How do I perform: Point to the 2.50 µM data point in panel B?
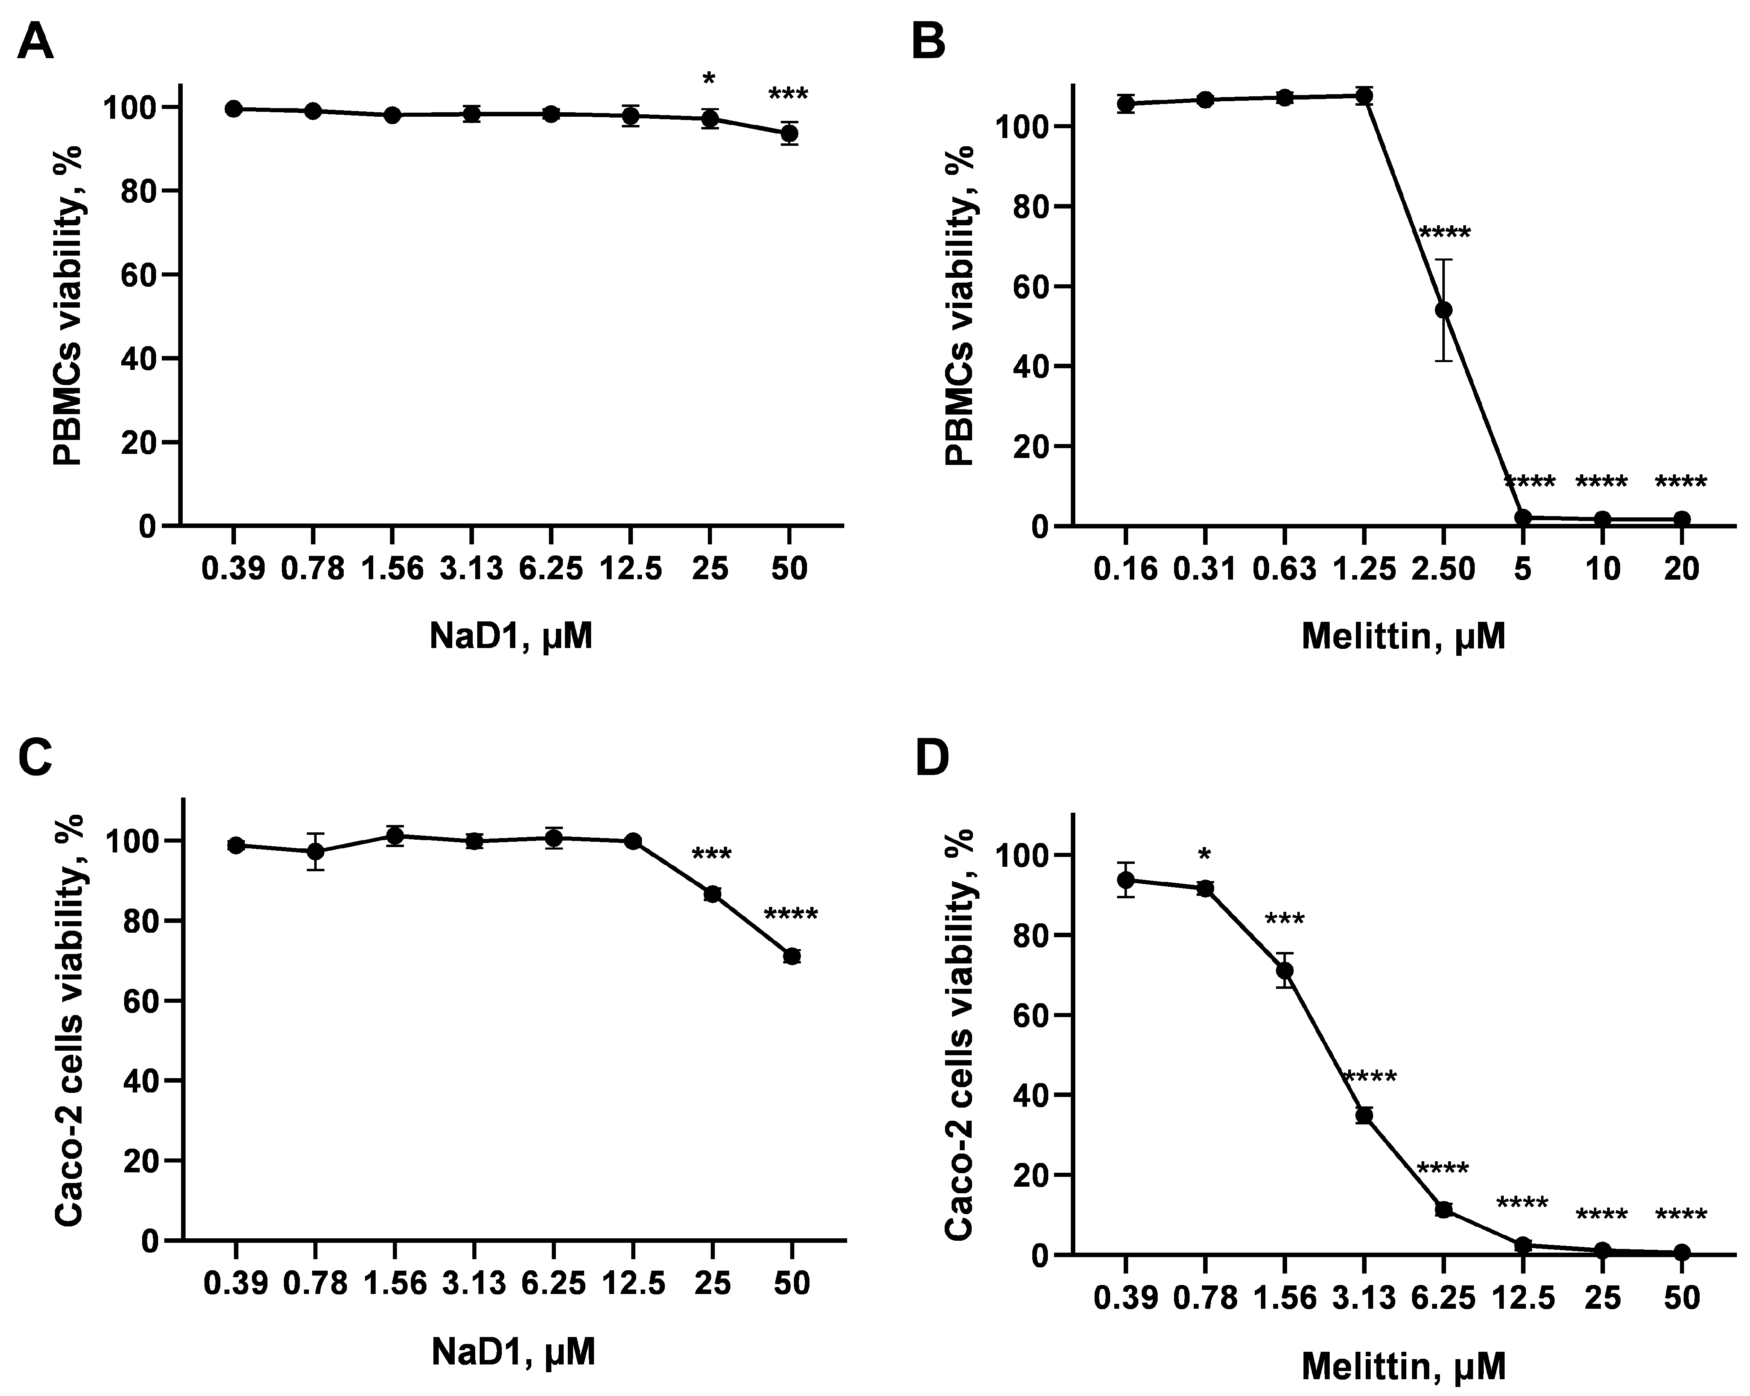[x=1444, y=310]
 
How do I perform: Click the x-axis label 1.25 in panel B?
[x=1364, y=569]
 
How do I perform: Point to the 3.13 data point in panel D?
[x=1365, y=1115]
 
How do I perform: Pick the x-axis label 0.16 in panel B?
[x=1125, y=569]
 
